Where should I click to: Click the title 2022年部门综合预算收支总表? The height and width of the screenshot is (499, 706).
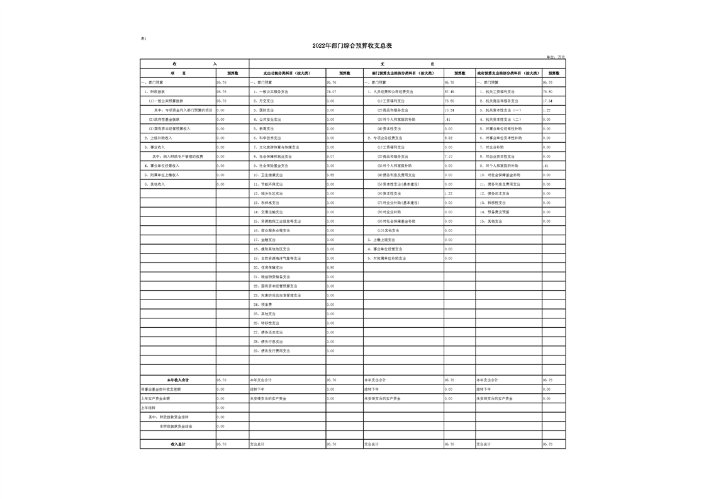352,46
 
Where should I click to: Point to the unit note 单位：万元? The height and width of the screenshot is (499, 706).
556,57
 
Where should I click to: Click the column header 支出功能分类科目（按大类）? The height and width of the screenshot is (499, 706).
287,73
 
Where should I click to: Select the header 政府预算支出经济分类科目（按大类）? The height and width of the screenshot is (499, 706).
508,73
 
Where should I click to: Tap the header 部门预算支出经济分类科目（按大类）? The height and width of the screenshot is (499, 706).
403,73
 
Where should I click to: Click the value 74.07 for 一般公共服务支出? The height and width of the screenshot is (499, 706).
331,92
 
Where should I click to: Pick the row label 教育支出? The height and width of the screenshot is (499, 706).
267,129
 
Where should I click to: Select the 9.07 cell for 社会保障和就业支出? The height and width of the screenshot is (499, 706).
331,157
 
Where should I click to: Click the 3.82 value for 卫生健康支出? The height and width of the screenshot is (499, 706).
331,175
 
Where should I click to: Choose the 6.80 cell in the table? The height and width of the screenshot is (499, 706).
331,267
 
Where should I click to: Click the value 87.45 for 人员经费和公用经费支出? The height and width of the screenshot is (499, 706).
449,92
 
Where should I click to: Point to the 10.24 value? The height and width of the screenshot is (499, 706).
449,110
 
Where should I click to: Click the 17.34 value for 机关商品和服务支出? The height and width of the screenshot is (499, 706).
547,101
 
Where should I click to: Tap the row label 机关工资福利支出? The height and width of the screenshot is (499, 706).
500,92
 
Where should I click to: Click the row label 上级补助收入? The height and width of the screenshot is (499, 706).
158,138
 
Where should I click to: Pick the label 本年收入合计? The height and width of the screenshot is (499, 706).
178,380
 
